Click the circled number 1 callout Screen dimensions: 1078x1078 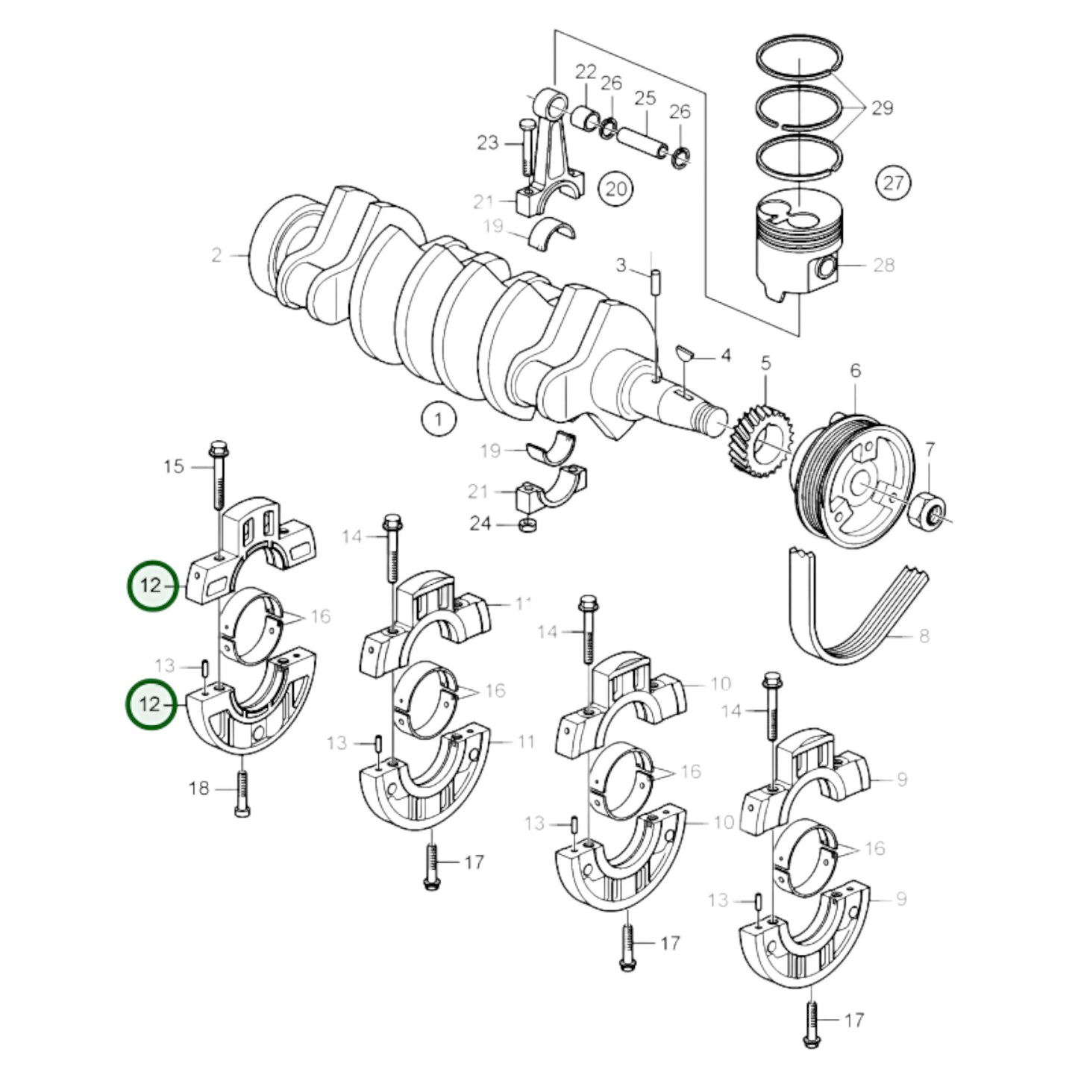click(438, 419)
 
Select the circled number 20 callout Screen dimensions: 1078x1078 click(615, 188)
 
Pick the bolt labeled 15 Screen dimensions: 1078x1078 click(219, 477)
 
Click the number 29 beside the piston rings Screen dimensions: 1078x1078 click(882, 108)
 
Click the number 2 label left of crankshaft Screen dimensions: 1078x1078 click(216, 255)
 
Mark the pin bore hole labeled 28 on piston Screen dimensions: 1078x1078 click(825, 266)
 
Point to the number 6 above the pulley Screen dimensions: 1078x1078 click(855, 370)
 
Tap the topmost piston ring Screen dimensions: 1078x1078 click(799, 55)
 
